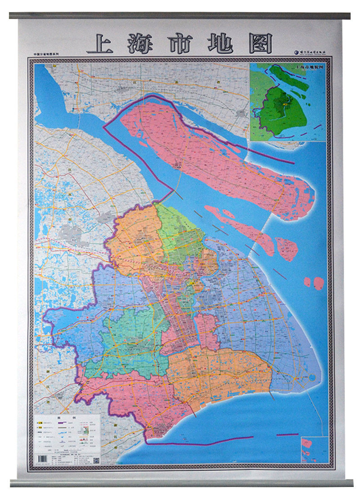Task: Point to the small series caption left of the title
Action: tap(49, 54)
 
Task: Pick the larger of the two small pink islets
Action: tap(319, 283)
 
